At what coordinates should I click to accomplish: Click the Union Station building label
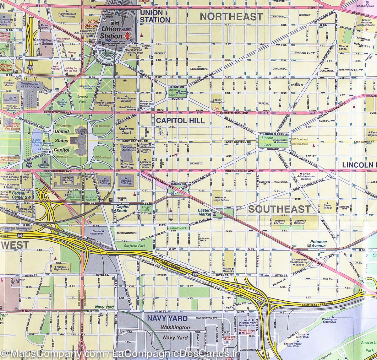pos(110,32)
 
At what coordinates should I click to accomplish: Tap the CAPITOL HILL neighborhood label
pos(180,121)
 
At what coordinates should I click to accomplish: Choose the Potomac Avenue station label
pos(318,244)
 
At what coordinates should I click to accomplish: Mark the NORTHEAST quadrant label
pos(231,16)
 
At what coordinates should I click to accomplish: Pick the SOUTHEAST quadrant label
pos(279,209)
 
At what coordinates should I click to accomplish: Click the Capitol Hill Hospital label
pos(217,100)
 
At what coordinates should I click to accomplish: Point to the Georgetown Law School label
pos(44,42)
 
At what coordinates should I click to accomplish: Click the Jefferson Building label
pos(127,166)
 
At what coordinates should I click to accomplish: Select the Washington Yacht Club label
pos(329,320)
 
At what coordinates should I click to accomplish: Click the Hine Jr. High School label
pos(222,198)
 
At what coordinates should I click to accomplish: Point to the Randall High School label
pos(61,267)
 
